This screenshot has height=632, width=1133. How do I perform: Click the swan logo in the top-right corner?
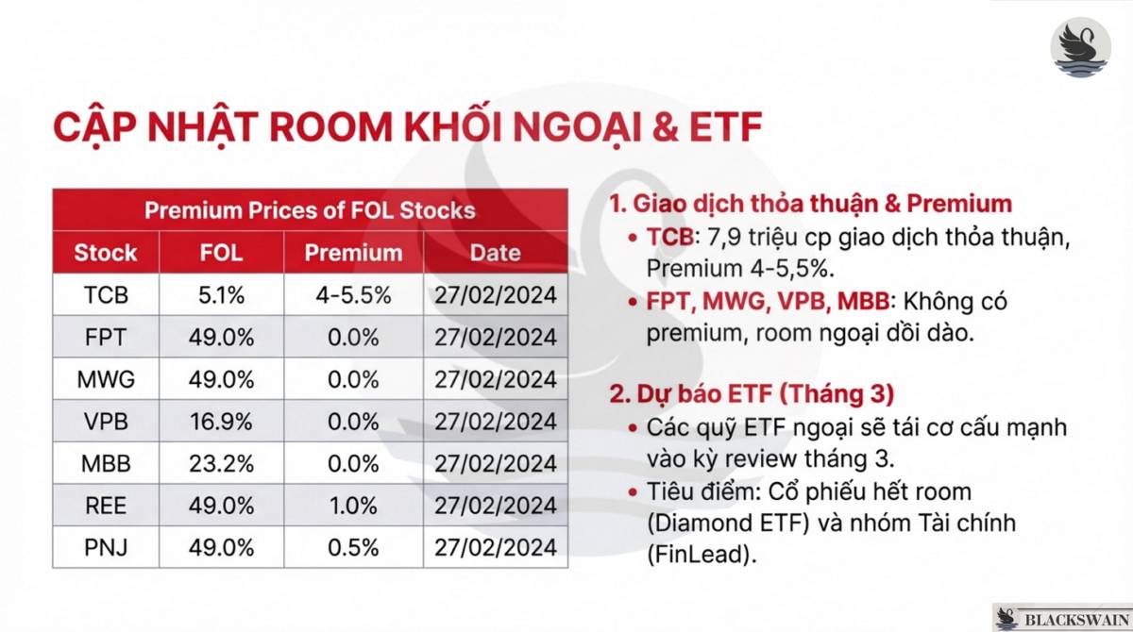point(1081,46)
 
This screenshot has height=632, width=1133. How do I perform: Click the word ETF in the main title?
point(721,128)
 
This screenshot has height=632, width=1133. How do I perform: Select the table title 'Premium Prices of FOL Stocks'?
point(310,209)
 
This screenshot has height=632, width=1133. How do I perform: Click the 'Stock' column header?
point(106,253)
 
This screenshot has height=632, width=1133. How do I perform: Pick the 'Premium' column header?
point(353,253)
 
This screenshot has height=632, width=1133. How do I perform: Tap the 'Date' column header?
point(495,253)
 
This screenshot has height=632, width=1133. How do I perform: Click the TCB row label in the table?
point(106,295)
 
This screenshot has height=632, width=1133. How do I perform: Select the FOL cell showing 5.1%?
point(222,295)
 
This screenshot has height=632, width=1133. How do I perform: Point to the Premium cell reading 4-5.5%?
point(353,295)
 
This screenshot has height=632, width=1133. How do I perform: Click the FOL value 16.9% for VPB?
point(222,421)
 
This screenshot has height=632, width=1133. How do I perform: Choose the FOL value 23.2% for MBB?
point(222,463)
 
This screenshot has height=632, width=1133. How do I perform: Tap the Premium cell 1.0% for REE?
point(353,505)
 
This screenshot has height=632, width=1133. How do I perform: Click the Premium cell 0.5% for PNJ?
point(353,547)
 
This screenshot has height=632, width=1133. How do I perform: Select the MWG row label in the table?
point(106,379)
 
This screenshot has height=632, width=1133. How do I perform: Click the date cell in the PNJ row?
point(495,547)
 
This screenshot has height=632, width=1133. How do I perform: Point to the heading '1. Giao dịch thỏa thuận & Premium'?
point(810,204)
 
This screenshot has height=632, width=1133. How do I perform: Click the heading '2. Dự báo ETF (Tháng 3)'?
point(752,392)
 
